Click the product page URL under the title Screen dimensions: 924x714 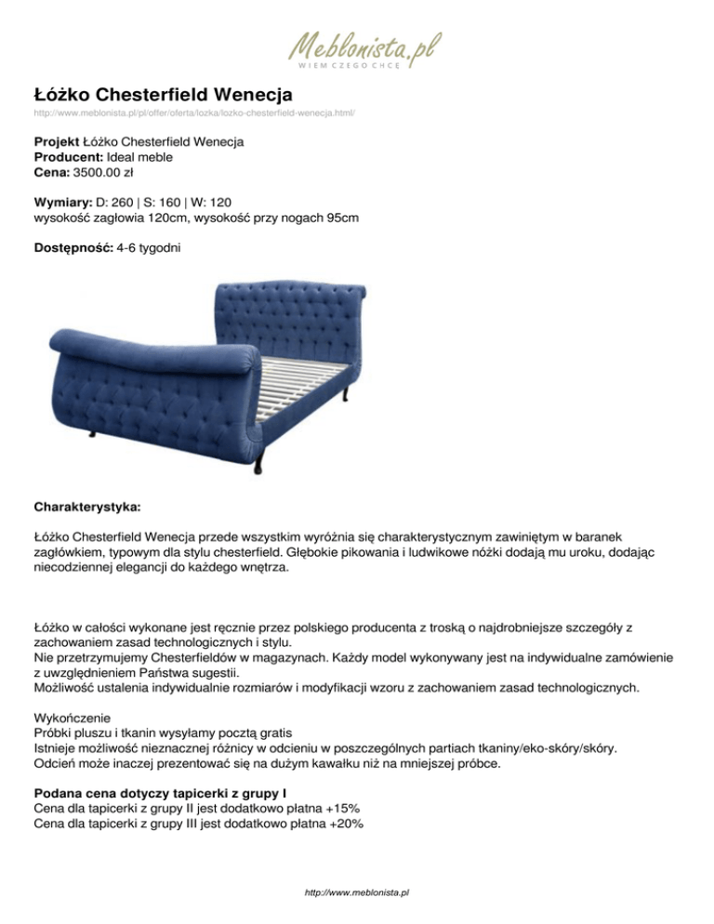tap(193, 112)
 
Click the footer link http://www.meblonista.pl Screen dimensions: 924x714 tap(357, 891)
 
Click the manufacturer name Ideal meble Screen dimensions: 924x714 tap(135, 158)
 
